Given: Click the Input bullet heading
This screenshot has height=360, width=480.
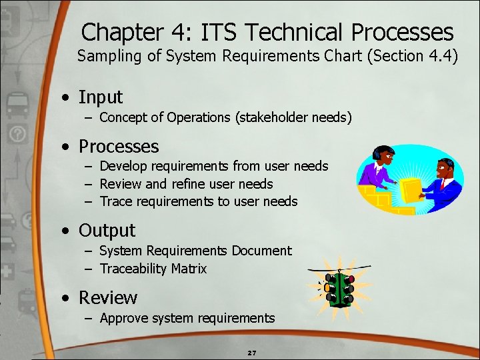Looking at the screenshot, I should pyautogui.click(x=101, y=97).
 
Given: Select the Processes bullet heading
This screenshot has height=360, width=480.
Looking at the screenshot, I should pyautogui.click(x=119, y=147).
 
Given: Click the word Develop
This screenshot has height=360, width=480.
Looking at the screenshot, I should pyautogui.click(x=124, y=166).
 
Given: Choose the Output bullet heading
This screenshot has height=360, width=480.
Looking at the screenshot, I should pyautogui.click(x=107, y=231).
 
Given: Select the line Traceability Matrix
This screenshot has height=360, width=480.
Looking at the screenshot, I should pyautogui.click(x=153, y=269).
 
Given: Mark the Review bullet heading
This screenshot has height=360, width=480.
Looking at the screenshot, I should pyautogui.click(x=108, y=298).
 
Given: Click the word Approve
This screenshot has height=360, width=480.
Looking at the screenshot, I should pyautogui.click(x=125, y=318).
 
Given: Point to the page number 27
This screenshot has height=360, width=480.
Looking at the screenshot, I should pyautogui.click(x=252, y=352).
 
